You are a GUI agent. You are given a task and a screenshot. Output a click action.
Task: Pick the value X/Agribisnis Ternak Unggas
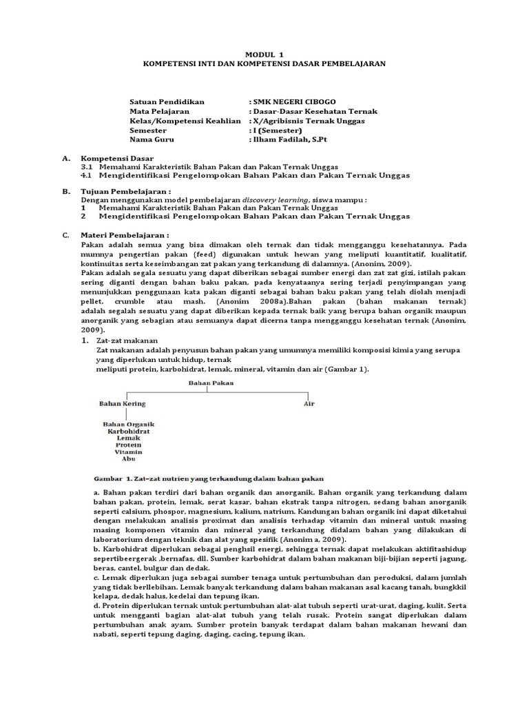point(310,120)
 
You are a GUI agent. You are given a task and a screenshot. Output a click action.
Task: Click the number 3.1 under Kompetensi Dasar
point(87,168)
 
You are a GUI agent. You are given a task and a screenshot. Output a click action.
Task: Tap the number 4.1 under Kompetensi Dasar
point(87,176)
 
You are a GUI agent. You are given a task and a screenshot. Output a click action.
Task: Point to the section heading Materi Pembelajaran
point(125,235)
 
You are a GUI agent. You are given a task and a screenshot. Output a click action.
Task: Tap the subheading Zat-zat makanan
point(127,340)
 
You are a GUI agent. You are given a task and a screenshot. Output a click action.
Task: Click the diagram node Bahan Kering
point(122,403)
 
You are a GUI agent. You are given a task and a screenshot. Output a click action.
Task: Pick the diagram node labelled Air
point(309,403)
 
